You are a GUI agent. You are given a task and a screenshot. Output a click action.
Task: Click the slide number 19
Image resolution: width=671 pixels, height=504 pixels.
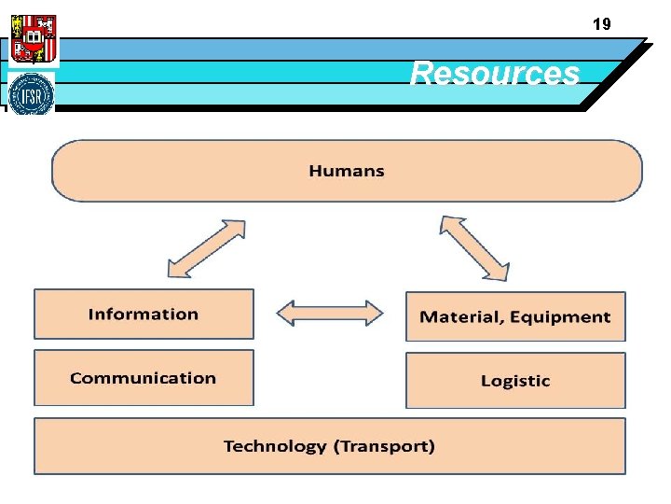point(602,24)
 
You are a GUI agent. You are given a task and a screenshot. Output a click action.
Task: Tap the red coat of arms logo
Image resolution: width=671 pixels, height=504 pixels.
point(34,38)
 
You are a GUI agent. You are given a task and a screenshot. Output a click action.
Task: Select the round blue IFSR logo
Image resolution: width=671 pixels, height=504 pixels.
point(32,94)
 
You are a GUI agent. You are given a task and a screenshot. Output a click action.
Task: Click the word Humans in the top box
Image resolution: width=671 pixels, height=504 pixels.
point(347,171)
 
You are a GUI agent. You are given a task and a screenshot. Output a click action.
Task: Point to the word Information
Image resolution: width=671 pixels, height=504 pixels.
point(144,315)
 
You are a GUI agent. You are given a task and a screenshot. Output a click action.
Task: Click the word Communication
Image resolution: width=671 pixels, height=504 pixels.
point(143,378)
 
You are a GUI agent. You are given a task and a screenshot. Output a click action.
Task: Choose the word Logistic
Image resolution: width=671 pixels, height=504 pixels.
point(515,381)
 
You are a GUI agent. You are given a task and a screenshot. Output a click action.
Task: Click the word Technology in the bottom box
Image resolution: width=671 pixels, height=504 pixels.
point(275,446)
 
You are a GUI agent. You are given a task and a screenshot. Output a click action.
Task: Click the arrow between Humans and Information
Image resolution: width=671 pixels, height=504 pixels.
point(205,248)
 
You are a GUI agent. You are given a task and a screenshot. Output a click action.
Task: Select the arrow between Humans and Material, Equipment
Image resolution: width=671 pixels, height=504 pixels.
point(475,247)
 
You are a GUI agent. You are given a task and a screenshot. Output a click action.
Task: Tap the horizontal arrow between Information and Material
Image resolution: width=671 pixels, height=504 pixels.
point(330,313)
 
